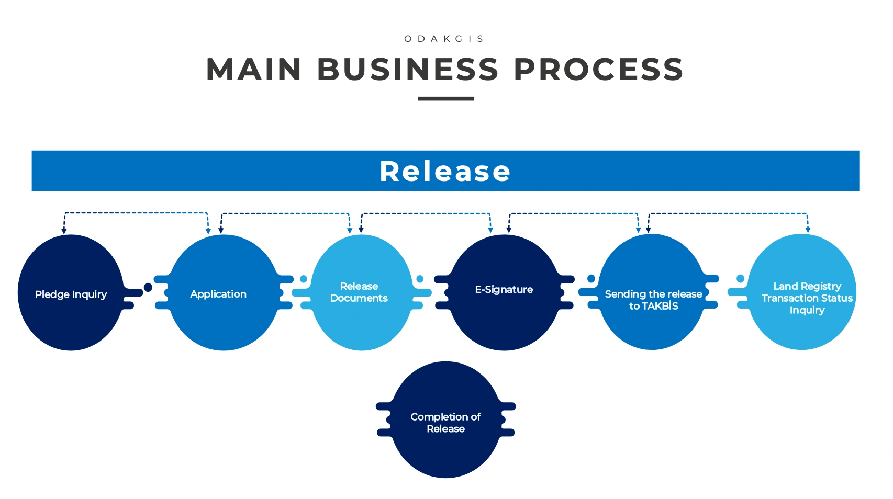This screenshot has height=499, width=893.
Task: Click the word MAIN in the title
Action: coord(254,70)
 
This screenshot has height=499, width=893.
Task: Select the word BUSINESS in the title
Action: coord(408,70)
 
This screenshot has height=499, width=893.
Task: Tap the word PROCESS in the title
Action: coord(598,70)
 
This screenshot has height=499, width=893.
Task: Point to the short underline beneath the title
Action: coord(445,98)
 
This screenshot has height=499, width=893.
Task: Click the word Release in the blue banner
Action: coord(445,172)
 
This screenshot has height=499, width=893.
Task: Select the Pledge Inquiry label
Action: coord(71,294)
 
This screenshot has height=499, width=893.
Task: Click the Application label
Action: coord(218,294)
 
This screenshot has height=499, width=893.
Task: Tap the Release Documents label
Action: coord(359,292)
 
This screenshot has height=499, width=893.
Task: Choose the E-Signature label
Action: coord(504,289)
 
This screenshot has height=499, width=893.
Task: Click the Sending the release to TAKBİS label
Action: coord(653,300)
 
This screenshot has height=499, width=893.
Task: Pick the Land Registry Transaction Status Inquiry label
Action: coord(807,298)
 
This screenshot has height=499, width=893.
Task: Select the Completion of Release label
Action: coord(445,423)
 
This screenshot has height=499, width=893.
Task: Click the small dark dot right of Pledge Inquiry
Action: coord(148,287)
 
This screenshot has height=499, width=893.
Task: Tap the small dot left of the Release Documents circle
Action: coord(304,279)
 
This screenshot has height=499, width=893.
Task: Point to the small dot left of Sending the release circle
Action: coord(591,278)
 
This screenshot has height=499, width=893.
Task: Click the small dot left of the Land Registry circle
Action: coord(740,278)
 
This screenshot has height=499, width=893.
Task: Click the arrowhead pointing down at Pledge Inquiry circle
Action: coord(64,231)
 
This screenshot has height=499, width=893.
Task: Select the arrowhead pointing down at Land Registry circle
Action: coord(808,230)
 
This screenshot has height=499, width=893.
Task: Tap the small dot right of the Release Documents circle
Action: coord(420,279)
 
